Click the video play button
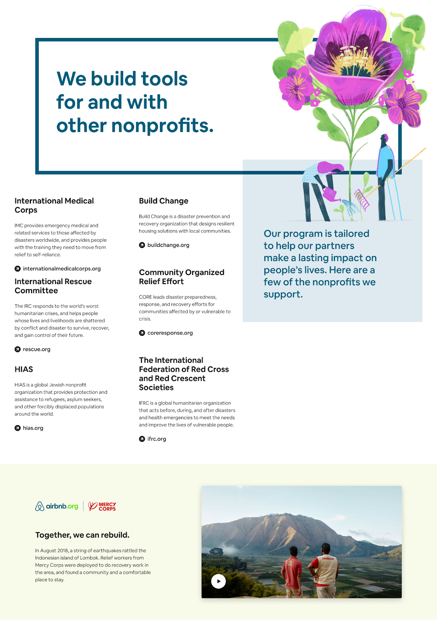click(218, 581)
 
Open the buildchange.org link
click(168, 245)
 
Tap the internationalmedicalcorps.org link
click(62, 269)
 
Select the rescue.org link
click(37, 349)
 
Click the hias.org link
click(33, 428)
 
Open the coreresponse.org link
click(170, 333)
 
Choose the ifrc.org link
click(156, 439)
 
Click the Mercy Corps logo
click(102, 506)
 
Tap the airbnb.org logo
click(57, 506)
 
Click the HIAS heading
click(24, 369)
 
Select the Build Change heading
click(164, 201)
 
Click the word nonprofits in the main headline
click(162, 126)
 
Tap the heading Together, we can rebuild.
click(82, 535)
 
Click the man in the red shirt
click(293, 571)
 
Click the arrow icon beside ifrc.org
click(142, 439)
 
